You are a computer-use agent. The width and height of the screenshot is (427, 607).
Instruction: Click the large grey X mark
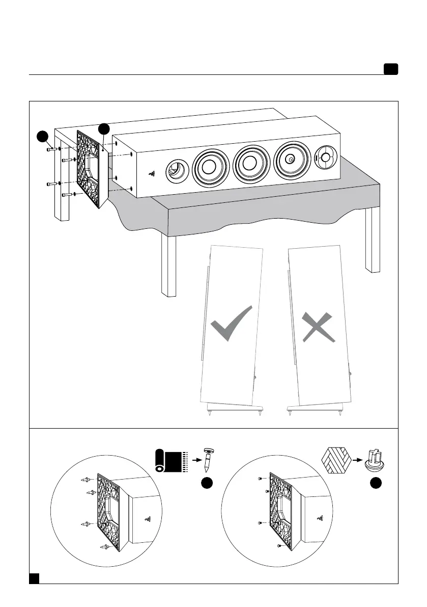[318, 326]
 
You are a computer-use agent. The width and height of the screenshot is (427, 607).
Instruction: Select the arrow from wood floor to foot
[360, 458]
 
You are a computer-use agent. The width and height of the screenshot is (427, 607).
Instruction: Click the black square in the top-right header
[390, 69]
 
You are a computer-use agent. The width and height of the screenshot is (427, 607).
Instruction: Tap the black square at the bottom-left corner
[34, 577]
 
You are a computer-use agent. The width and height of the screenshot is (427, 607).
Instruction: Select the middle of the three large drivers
[249, 162]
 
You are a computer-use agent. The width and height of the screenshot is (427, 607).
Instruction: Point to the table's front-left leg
[168, 265]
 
